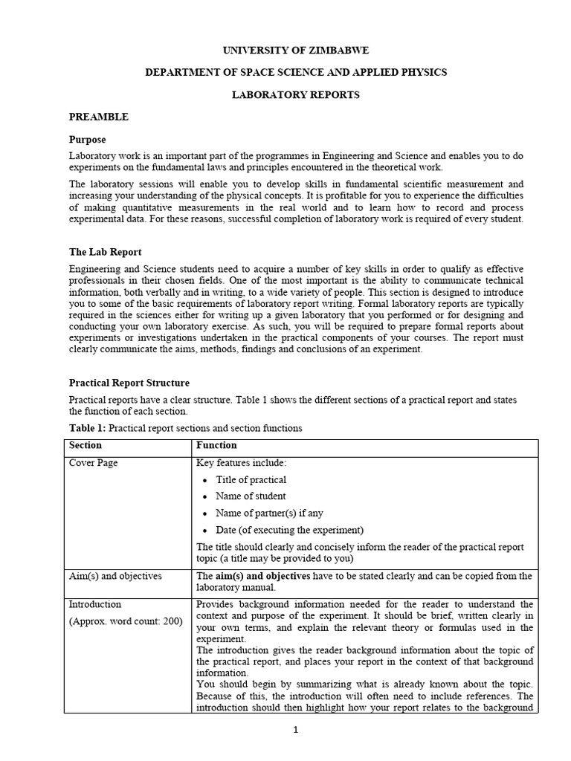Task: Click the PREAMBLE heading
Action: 98,117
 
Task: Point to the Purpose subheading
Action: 88,139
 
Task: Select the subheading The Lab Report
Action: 105,252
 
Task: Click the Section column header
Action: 86,446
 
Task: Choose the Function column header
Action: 216,446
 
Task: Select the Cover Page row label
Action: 94,463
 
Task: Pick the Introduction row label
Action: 95,604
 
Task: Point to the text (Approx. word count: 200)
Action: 126,621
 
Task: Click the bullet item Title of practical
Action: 251,480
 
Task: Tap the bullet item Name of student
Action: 251,496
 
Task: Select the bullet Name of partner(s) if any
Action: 269,513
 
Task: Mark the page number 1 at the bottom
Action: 295,731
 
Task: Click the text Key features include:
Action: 241,463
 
